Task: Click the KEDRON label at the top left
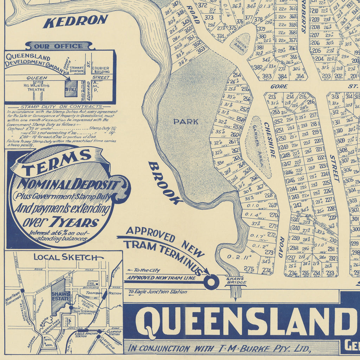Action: click(75, 21)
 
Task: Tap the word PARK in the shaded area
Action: click(186, 122)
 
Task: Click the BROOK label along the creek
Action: click(165, 183)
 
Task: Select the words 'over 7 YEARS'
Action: click(61, 223)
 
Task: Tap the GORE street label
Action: click(279, 86)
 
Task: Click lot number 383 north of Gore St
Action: click(266, 76)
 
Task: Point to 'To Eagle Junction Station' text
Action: click(157, 292)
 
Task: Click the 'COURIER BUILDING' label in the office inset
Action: click(101, 70)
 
